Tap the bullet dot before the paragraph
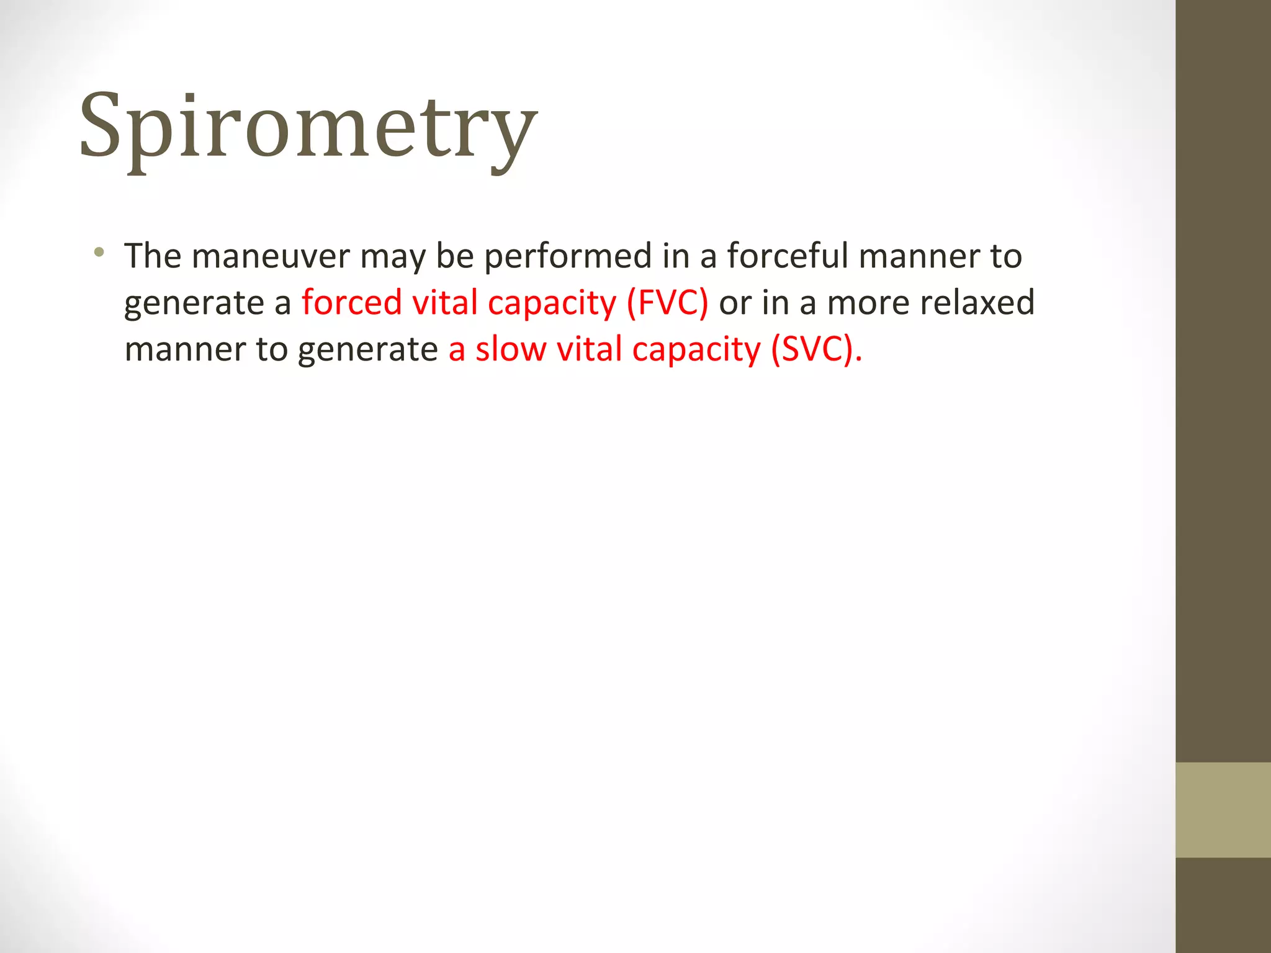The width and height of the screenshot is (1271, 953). pos(99,252)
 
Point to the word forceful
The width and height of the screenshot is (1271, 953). pos(787,256)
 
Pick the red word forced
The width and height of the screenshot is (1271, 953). pos(351,302)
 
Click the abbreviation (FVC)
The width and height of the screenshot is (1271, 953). pos(667,303)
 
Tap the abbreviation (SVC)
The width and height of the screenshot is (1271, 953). pos(815,349)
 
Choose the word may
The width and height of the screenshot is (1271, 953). pos(392,257)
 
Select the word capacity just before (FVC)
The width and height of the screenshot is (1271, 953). pos(551,303)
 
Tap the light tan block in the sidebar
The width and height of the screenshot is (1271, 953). pos(1223,809)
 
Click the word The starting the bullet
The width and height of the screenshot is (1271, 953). pos(153,256)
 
